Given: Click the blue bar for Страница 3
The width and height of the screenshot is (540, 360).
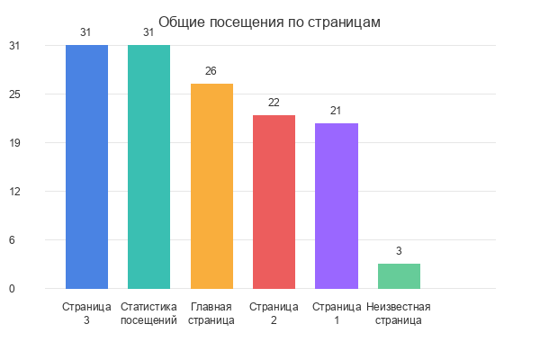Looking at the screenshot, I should pos(86,166).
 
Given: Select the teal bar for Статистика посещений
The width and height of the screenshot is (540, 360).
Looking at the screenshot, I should pos(148,166).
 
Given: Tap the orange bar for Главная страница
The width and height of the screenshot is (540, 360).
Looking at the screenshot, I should pos(211,186).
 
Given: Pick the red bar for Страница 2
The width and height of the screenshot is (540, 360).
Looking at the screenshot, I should pos(274,202).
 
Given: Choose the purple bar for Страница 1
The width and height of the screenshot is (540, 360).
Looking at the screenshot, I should pos(337,206).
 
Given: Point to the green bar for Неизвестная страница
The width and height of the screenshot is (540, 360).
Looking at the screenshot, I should pos(399,276).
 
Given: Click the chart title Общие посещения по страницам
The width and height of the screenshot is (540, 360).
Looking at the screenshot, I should pos(270,22).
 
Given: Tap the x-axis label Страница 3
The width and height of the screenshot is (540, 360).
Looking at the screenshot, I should pos(86,313).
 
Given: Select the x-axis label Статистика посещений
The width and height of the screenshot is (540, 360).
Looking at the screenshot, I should pos(148,313).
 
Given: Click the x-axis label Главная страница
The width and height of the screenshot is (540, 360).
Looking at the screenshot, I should pos(211,313).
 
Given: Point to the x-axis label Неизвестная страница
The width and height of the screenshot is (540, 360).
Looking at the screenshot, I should pos(399,313).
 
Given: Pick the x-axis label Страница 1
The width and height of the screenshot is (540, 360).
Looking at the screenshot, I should pos(337,313).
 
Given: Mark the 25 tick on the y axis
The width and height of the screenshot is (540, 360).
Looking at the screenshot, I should pos(15,94).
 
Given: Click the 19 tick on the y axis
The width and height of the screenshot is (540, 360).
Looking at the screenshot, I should pos(15,143).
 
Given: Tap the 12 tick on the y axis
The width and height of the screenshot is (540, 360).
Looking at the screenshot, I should pos(15,192).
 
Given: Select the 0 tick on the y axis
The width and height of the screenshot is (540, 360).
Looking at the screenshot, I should pos(13,289).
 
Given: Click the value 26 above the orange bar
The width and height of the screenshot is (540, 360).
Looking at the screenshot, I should pos(211,71).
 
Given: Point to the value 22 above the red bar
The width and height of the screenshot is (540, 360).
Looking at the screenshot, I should pos(274,103).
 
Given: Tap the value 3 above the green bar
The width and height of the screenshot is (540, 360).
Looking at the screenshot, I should pos(399,251).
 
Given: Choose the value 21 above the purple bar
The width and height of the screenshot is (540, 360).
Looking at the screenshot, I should pos(337,111).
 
